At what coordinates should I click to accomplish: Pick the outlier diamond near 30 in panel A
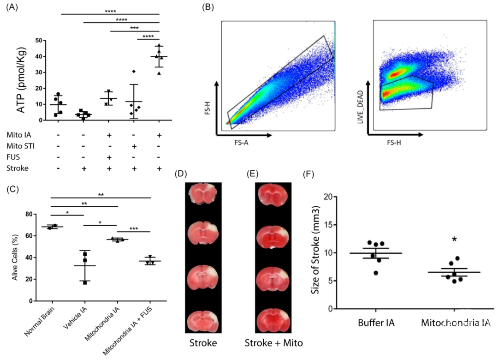tap(134, 72)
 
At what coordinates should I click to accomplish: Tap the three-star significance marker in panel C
tap(134, 228)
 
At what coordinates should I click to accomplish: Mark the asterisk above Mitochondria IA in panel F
tap(455, 240)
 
